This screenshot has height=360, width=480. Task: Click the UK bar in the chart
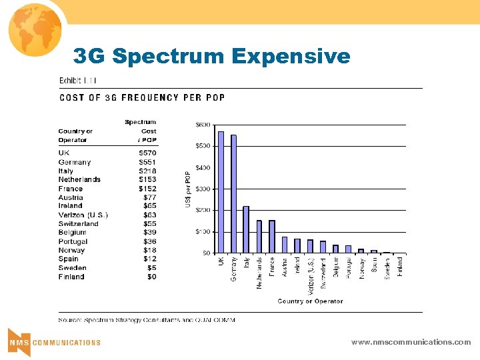click(x=221, y=192)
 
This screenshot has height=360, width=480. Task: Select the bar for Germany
click(x=233, y=194)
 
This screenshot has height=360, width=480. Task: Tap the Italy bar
click(x=246, y=229)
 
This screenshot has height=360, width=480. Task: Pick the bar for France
click(x=271, y=237)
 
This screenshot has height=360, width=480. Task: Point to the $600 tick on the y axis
click(x=202, y=125)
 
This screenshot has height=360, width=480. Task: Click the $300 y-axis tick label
click(x=202, y=189)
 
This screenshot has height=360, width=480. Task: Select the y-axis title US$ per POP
click(x=187, y=188)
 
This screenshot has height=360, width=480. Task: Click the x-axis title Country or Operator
click(x=310, y=301)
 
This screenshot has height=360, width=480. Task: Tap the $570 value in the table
click(x=147, y=153)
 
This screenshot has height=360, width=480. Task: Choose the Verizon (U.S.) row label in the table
click(x=83, y=215)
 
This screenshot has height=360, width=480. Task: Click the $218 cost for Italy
click(x=147, y=171)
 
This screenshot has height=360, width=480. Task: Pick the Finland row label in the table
click(x=71, y=277)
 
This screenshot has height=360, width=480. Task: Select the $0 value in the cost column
click(x=151, y=277)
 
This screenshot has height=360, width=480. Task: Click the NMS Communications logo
click(x=54, y=341)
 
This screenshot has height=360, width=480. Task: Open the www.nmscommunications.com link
click(x=411, y=342)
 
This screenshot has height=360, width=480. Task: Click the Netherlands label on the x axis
click(x=259, y=273)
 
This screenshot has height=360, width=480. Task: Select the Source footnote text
click(x=147, y=320)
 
